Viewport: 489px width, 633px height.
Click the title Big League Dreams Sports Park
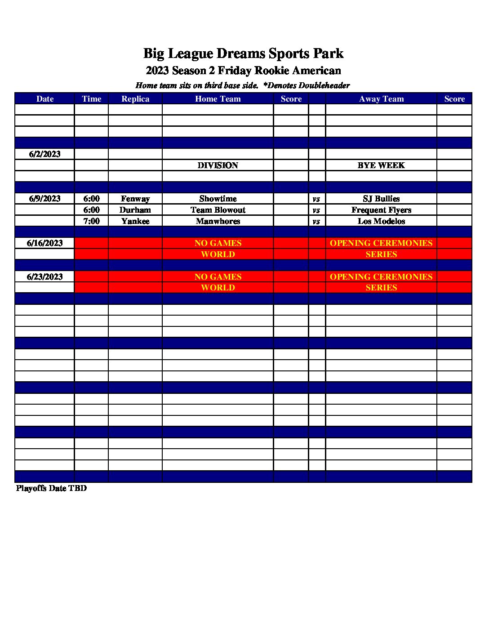click(x=243, y=53)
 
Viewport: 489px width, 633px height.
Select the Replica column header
click(x=135, y=99)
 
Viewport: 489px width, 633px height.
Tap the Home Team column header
click(x=218, y=99)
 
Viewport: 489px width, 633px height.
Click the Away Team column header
click(x=381, y=99)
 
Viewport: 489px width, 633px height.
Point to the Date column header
click(x=44, y=99)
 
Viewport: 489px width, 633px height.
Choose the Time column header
click(x=91, y=99)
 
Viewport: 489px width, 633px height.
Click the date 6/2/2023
click(x=44, y=154)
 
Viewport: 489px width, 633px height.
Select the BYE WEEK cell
click(x=381, y=165)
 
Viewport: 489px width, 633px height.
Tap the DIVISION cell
click(x=218, y=165)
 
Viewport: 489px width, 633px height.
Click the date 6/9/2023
click(x=44, y=199)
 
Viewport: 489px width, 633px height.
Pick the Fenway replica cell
click(x=135, y=199)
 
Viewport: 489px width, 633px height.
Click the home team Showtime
click(x=218, y=199)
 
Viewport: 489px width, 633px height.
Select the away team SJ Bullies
click(x=381, y=199)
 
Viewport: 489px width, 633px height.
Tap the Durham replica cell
click(x=135, y=210)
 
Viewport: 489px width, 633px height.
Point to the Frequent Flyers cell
click(x=381, y=210)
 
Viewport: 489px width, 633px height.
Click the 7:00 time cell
click(x=91, y=221)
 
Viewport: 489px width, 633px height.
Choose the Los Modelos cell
click(x=381, y=221)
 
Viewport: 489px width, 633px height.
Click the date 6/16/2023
click(x=44, y=243)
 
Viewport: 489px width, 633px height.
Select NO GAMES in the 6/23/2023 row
click(x=218, y=277)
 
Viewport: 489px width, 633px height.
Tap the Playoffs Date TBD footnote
click(x=51, y=488)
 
